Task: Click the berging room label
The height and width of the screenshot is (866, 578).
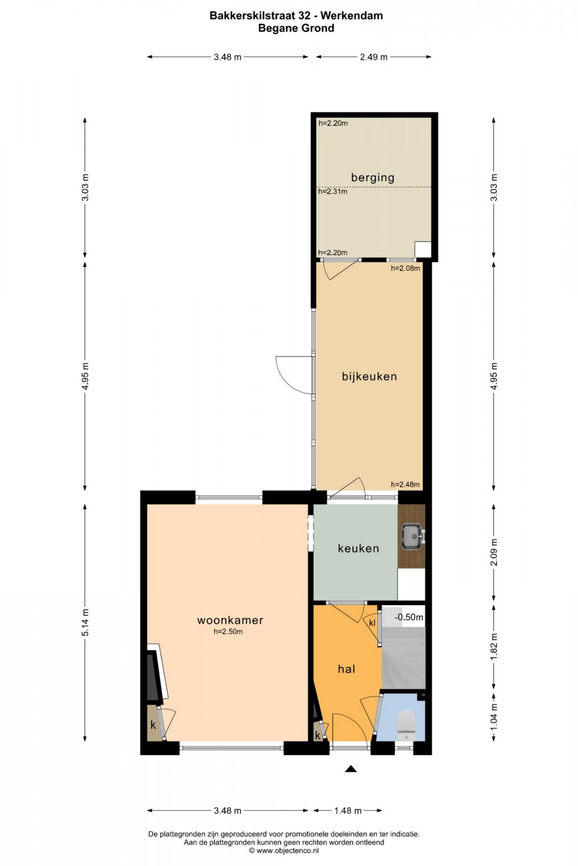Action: (x=372, y=178)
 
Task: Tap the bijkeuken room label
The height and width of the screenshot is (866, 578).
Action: (x=369, y=376)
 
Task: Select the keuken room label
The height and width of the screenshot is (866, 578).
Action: (x=358, y=548)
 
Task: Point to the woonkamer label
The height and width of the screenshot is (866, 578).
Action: (x=230, y=620)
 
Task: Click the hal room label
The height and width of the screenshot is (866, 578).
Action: (x=346, y=669)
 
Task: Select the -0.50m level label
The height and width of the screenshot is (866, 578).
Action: (x=409, y=617)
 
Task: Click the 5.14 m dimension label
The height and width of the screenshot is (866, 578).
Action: (x=85, y=623)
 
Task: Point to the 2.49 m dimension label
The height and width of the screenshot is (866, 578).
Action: (x=374, y=57)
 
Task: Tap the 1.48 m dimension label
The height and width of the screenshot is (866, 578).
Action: (x=348, y=811)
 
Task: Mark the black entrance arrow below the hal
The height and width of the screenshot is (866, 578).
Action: (x=351, y=768)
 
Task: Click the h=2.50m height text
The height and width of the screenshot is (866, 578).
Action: (x=228, y=632)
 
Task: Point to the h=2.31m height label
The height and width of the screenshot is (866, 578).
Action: (x=333, y=191)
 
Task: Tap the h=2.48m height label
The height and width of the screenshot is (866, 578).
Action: (x=405, y=484)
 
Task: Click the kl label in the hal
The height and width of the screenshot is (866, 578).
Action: (x=372, y=623)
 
